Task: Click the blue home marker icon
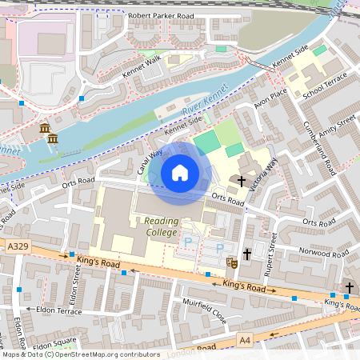[180, 173]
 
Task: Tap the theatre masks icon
[232, 262]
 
